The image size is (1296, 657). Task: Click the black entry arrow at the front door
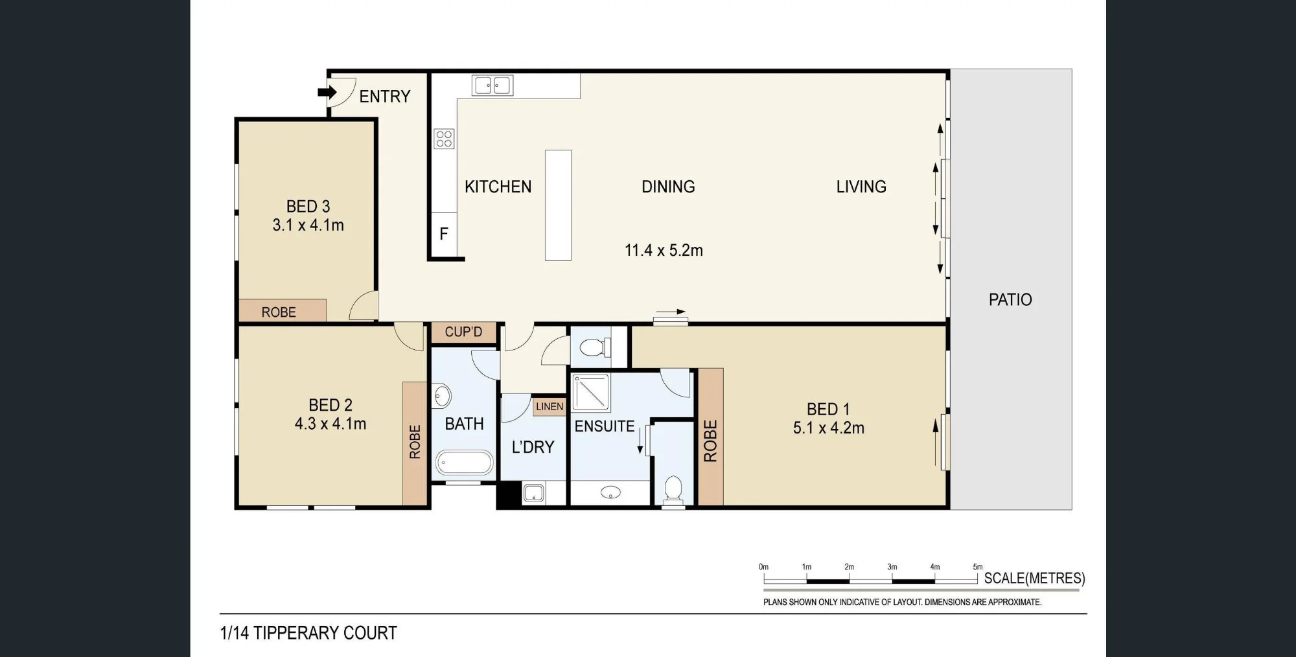(x=327, y=92)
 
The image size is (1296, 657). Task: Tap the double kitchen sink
(x=492, y=85)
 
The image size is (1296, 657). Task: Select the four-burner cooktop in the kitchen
(x=444, y=139)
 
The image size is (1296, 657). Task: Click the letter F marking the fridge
(x=444, y=234)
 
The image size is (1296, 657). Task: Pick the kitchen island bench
(x=558, y=205)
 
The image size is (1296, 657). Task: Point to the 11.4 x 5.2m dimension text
(x=664, y=250)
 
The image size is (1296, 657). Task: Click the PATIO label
(x=1010, y=299)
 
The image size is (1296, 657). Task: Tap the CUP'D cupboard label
(x=463, y=332)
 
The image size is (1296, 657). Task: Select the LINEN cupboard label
(x=550, y=406)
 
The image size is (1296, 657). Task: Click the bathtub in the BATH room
(x=464, y=463)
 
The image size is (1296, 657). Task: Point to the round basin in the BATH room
(x=443, y=395)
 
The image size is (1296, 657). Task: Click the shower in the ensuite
(x=591, y=392)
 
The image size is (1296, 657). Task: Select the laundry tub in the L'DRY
(x=533, y=492)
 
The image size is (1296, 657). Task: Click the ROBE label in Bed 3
(x=279, y=312)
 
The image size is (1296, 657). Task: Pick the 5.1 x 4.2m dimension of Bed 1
(x=829, y=428)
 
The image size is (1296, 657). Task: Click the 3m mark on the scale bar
(x=892, y=567)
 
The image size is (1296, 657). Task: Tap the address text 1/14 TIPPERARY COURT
(x=308, y=633)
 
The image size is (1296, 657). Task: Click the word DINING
(x=668, y=187)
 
